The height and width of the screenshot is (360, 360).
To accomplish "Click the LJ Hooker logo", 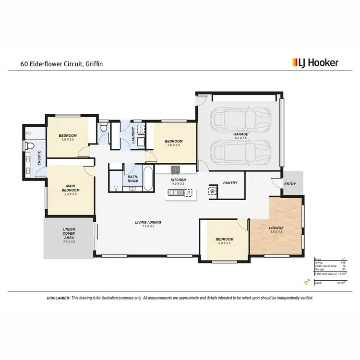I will tap(315, 62).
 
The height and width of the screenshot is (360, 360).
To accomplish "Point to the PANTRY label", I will tap(231, 183).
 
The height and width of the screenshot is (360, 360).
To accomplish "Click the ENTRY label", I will tap(290, 184).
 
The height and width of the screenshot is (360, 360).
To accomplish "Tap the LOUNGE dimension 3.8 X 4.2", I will tap(276, 232).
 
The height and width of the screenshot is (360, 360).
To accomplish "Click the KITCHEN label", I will tap(178, 180).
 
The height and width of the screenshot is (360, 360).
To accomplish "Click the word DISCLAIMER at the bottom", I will tap(58, 298).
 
